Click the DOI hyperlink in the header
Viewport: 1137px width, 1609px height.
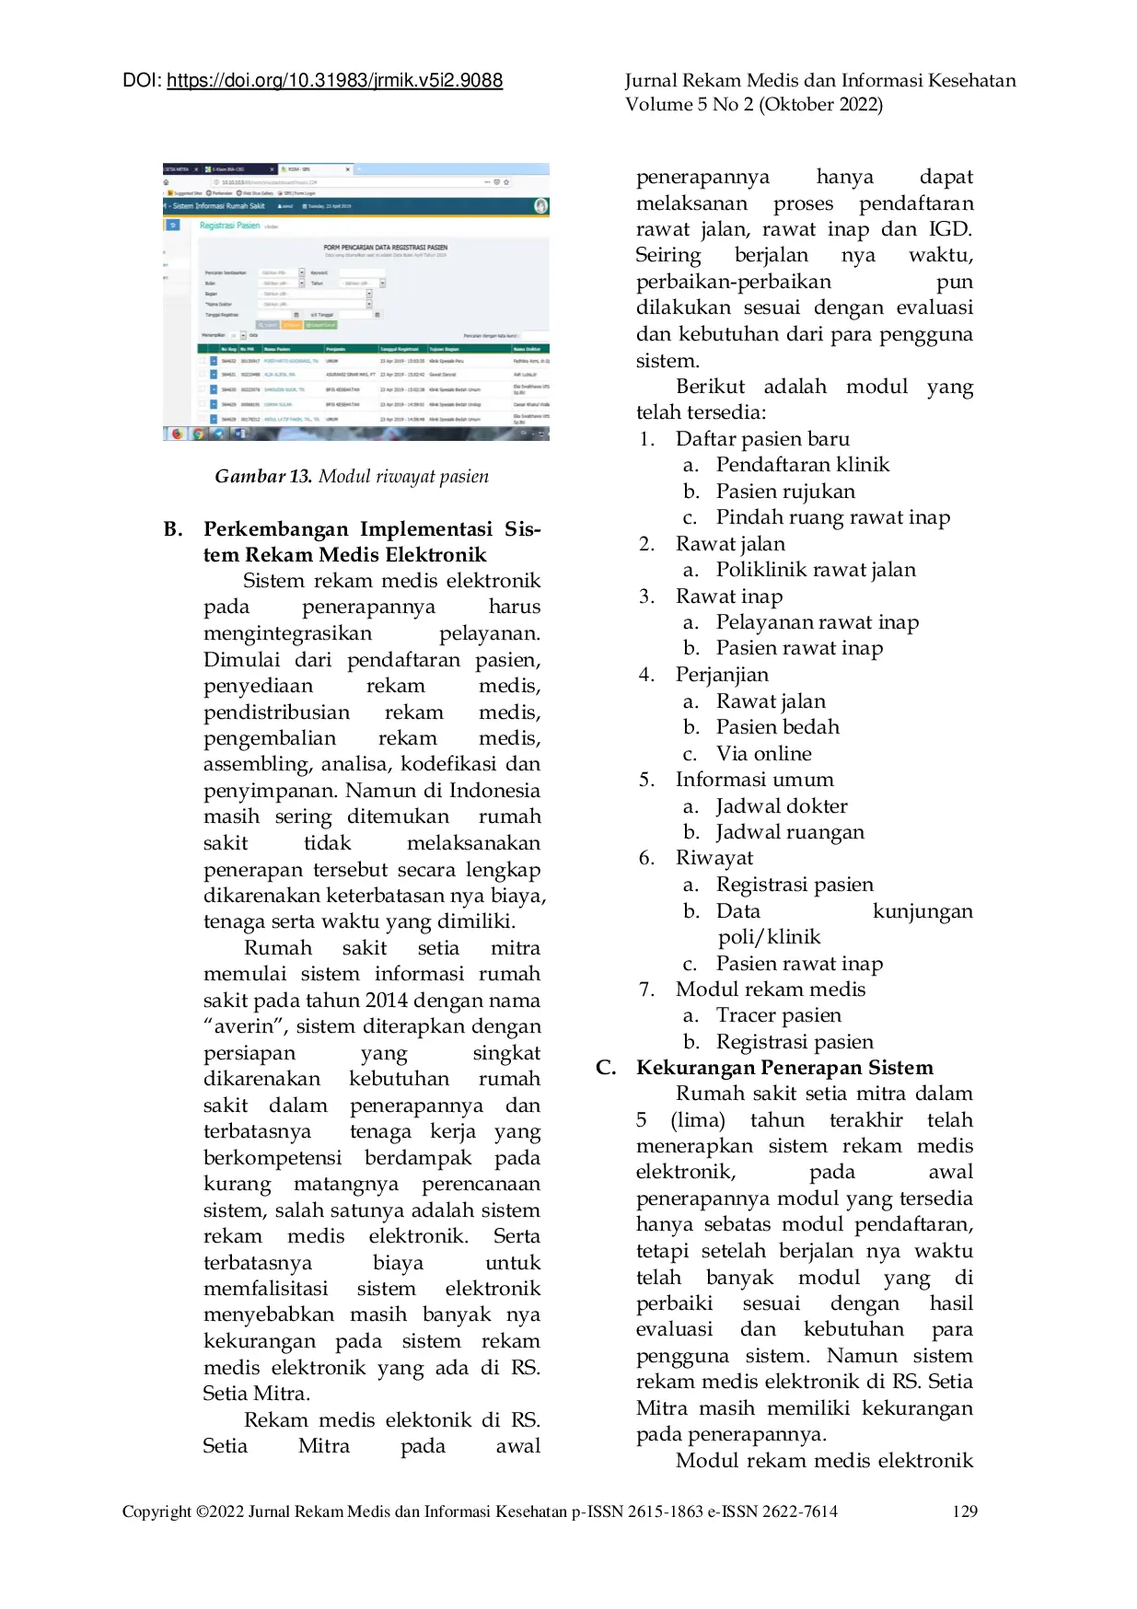[334, 81]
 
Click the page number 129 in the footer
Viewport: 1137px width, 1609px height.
[965, 1511]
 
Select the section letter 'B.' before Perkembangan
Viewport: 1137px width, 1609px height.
[173, 529]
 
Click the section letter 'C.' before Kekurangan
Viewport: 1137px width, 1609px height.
[606, 1068]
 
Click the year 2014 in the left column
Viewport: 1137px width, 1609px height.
[387, 1001]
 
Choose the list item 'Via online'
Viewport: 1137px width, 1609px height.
[764, 754]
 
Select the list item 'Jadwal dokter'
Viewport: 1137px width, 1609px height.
[782, 806]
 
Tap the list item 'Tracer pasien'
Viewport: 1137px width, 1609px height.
[779, 1015]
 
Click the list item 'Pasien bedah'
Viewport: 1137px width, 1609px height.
[778, 727]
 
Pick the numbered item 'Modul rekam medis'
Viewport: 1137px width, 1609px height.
[771, 990]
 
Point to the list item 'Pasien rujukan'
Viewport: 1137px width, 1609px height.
[785, 492]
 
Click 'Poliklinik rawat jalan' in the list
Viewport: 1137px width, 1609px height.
[816, 570]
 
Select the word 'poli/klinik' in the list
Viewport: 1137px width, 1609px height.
[770, 937]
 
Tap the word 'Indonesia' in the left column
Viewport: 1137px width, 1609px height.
[494, 791]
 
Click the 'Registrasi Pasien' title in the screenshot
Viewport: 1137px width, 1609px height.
[229, 226]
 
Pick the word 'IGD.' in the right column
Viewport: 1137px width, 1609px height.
[950, 229]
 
